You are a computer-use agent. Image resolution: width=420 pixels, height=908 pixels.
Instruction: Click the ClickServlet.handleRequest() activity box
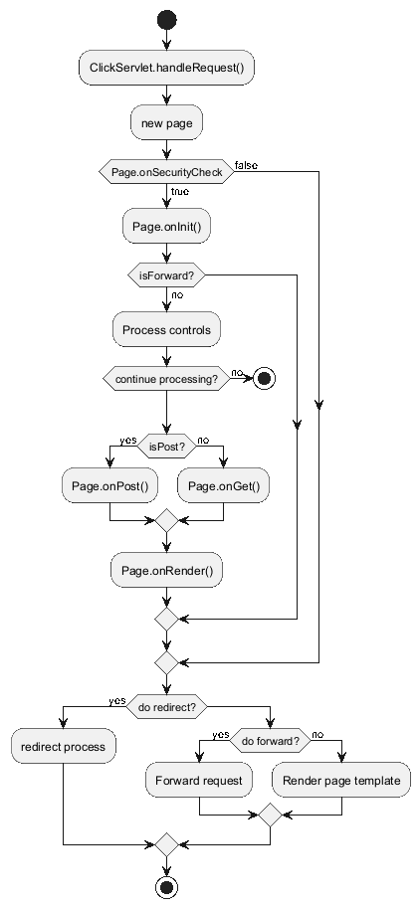click(167, 68)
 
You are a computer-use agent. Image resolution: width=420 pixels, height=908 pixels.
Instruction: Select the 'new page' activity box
click(167, 122)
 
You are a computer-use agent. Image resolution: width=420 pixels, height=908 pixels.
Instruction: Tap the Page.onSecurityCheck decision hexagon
click(167, 172)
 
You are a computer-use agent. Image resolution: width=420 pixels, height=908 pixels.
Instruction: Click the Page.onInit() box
click(167, 226)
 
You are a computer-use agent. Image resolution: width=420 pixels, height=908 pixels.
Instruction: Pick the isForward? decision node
click(167, 275)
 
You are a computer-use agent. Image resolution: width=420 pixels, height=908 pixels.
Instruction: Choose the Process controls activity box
click(167, 329)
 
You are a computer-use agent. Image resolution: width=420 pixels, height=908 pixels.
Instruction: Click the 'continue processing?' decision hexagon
click(167, 379)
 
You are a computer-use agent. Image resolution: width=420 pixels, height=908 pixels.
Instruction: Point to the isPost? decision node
click(167, 446)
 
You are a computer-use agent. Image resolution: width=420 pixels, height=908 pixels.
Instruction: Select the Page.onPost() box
click(110, 486)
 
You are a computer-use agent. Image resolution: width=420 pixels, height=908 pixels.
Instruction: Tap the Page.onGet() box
click(224, 486)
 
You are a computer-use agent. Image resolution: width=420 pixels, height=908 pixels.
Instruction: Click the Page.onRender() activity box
click(167, 571)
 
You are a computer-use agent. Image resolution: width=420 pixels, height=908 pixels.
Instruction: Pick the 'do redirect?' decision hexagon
click(167, 707)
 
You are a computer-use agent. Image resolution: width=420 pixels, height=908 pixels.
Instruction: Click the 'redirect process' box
click(63, 747)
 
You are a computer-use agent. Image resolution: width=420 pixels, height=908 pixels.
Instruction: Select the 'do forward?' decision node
click(271, 741)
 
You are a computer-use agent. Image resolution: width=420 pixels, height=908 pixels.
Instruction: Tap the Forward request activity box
click(199, 780)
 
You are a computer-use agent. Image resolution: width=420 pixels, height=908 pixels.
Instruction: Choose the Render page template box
click(341, 780)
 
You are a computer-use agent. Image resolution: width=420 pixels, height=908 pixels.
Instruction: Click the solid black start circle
click(167, 20)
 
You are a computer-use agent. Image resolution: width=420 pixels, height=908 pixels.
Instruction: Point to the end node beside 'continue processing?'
click(265, 379)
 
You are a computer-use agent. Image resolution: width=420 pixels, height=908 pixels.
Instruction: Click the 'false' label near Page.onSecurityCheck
click(246, 166)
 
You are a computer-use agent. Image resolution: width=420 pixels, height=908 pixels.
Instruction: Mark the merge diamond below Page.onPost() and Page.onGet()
click(167, 520)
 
